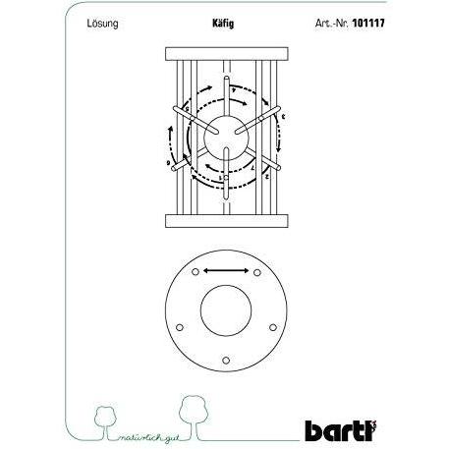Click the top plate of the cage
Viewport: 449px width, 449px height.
click(224, 54)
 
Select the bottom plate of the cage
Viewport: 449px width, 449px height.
click(224, 218)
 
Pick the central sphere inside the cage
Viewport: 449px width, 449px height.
click(225, 135)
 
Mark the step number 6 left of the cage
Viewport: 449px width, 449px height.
click(169, 160)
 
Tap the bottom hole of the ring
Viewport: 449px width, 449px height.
click(225, 360)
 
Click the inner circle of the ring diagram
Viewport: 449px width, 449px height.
click(225, 314)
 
